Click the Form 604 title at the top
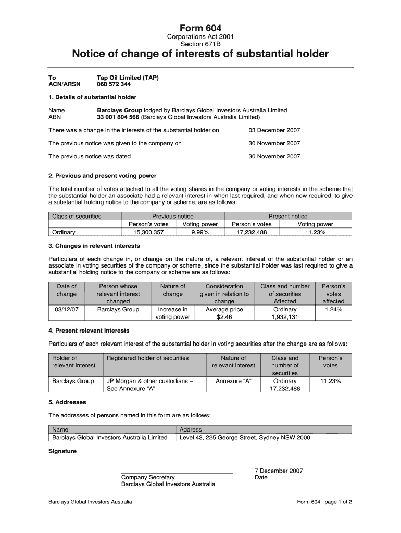[200, 28]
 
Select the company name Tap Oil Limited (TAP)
[128, 78]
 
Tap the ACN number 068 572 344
[114, 84]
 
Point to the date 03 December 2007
[274, 130]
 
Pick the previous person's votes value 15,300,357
[148, 232]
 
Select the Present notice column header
[288, 216]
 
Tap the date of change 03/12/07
[66, 309]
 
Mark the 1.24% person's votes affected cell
[333, 309]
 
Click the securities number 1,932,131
[285, 317]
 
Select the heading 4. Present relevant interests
[89, 331]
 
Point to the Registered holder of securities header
[147, 358]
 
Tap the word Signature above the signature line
[62, 451]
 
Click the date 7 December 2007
[279, 471]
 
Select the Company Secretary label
[148, 477]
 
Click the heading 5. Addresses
[67, 402]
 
